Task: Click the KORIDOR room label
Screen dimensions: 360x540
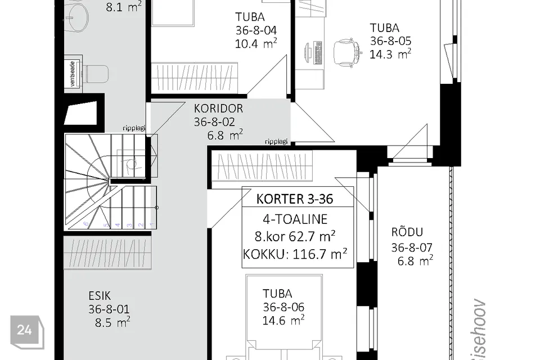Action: click(x=218, y=109)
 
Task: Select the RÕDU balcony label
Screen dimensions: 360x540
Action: click(x=407, y=232)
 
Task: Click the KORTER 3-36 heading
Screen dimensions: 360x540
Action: click(x=297, y=199)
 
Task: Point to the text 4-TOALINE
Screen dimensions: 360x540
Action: click(x=295, y=219)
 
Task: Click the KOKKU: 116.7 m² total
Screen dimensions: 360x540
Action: click(x=295, y=254)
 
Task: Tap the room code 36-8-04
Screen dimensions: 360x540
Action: click(x=256, y=30)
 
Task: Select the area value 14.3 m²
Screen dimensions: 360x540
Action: click(x=390, y=54)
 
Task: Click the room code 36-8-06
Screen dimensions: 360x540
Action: click(x=283, y=307)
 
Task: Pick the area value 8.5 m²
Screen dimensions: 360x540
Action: click(x=113, y=322)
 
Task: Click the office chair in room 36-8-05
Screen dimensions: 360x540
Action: click(x=345, y=52)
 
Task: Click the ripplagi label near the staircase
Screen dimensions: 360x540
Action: click(x=134, y=128)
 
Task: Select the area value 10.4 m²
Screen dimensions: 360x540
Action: click(x=256, y=43)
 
